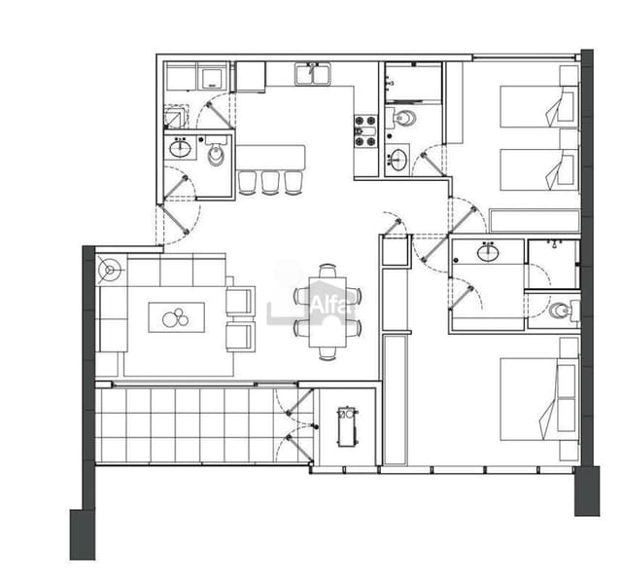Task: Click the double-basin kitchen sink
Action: pyautogui.click(x=313, y=74)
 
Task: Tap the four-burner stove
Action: pyautogui.click(x=365, y=131)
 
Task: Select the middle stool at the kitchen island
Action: pyautogui.click(x=269, y=182)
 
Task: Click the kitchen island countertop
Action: pyautogui.click(x=270, y=157)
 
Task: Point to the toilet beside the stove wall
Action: pyautogui.click(x=402, y=119)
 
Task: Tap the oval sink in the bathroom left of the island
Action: pyautogui.click(x=182, y=149)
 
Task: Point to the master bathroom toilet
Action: pyautogui.click(x=562, y=311)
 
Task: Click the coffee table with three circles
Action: pyautogui.click(x=176, y=317)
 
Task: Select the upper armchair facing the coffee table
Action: pyautogui.click(x=240, y=300)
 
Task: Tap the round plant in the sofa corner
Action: pyautogui.click(x=111, y=270)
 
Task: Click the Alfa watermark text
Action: pyautogui.click(x=326, y=304)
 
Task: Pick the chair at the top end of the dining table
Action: pyautogui.click(x=328, y=270)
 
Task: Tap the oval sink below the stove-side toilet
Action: pyautogui.click(x=397, y=160)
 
